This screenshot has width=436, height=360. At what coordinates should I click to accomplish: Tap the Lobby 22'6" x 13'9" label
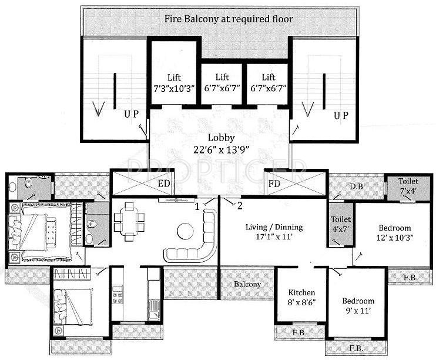pyautogui.click(x=218, y=144)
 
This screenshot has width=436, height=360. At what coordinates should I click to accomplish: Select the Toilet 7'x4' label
pyautogui.click(x=408, y=186)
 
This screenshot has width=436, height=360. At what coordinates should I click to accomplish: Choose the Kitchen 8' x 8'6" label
pyautogui.click(x=302, y=298)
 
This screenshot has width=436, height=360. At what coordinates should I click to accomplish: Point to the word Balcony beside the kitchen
pyautogui.click(x=247, y=284)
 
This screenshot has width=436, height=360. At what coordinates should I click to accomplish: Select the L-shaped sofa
pyautogui.click(x=197, y=238)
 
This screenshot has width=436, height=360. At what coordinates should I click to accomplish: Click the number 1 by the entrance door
pyautogui.click(x=197, y=206)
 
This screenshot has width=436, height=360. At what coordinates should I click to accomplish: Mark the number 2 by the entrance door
pyautogui.click(x=239, y=205)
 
